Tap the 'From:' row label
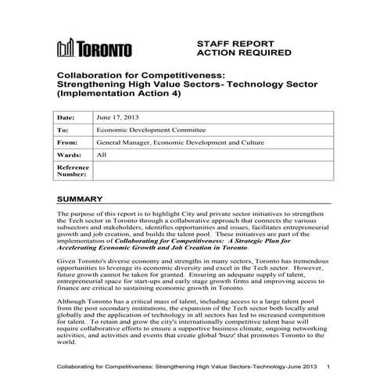67,143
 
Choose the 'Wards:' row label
69,156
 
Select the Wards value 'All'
101,156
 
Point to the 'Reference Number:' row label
73,171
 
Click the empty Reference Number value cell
211,171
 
